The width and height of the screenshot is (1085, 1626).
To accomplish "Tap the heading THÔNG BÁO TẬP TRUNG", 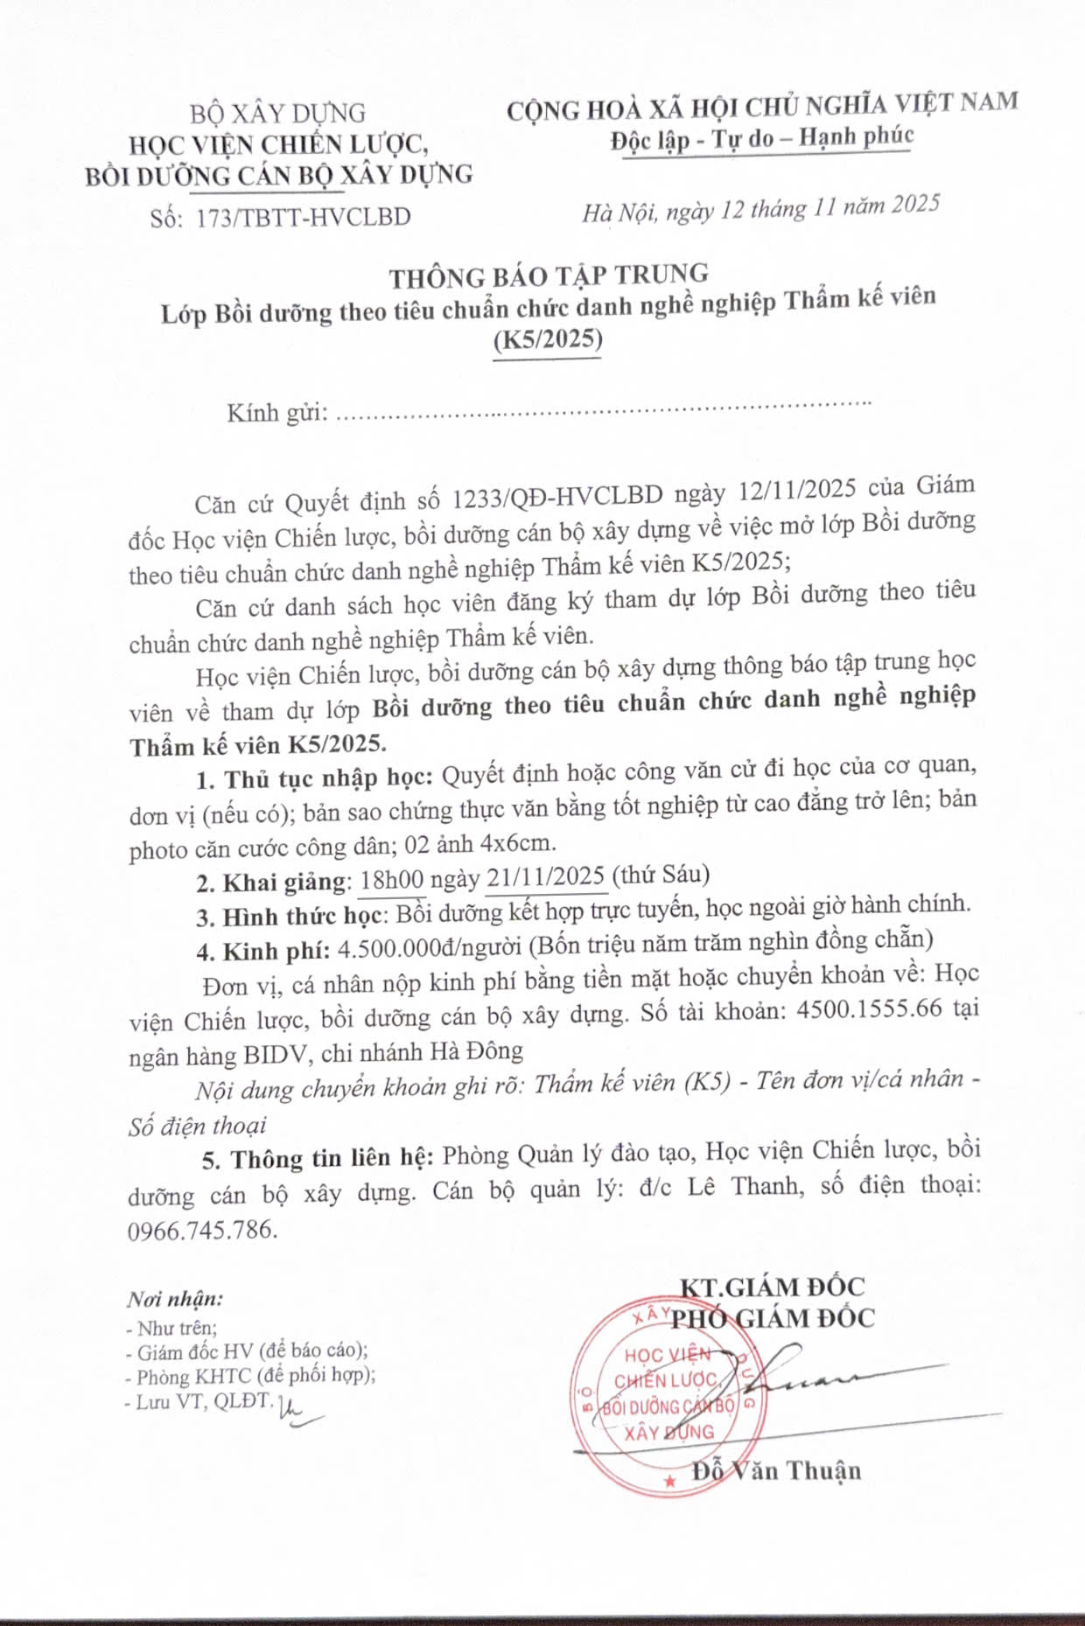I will click(x=549, y=276).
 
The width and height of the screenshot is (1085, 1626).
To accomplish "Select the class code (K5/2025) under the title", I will click(x=548, y=339).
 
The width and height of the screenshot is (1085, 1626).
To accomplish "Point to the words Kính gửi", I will click(x=276, y=413).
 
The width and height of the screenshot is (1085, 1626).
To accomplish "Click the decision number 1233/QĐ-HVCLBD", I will click(x=557, y=497).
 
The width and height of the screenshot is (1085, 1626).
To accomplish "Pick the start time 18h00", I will click(x=392, y=879).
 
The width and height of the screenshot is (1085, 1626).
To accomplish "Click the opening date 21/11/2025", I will click(x=546, y=876).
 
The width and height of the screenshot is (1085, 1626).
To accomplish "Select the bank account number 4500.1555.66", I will click(x=870, y=1008).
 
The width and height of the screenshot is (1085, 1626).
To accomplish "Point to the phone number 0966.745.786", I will click(x=202, y=1230).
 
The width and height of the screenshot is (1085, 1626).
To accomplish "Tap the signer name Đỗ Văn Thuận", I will click(x=776, y=1470).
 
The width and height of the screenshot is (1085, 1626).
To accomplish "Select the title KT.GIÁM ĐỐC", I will click(x=772, y=1287).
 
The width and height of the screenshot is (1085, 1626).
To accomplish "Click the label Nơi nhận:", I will click(x=175, y=1299).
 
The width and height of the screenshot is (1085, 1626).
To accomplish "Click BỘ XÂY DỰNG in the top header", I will click(x=277, y=114).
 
